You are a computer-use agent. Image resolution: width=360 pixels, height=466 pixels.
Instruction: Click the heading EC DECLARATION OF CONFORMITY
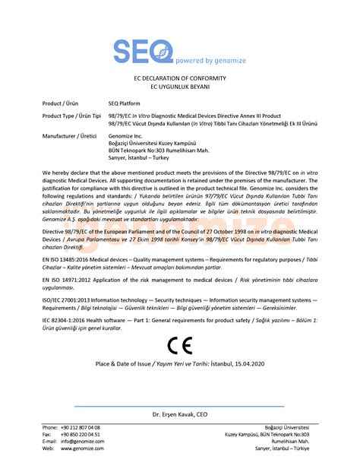(x=179, y=78)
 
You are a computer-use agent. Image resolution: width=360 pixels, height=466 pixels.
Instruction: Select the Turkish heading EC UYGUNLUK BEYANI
(x=179, y=87)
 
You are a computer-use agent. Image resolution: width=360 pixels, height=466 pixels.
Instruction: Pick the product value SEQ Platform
(x=127, y=101)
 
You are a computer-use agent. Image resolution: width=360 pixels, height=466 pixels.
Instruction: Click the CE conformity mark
(x=180, y=347)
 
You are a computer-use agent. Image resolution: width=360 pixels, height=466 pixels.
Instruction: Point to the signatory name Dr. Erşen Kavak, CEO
(x=179, y=414)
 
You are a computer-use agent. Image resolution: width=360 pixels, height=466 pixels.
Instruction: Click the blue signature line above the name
(x=179, y=406)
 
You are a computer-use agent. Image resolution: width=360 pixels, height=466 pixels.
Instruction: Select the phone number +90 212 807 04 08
(x=81, y=428)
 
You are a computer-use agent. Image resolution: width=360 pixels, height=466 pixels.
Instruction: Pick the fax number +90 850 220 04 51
(x=81, y=435)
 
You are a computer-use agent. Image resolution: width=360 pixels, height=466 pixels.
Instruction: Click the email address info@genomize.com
(x=82, y=442)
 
